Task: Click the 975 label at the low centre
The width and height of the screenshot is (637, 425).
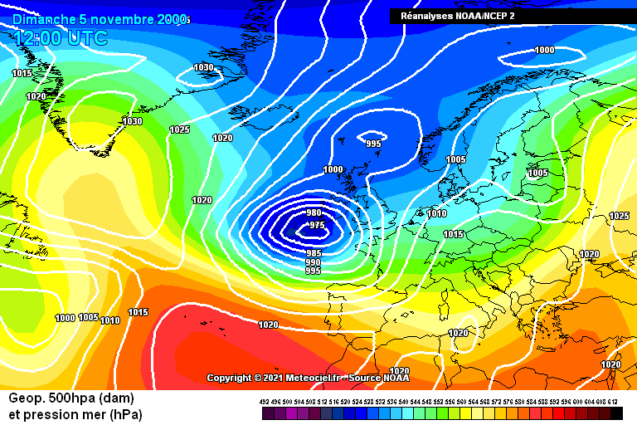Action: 316,225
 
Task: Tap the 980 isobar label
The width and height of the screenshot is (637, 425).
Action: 314,213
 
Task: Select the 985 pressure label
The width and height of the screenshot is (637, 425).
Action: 314,253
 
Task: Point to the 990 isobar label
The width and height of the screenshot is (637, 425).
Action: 314,262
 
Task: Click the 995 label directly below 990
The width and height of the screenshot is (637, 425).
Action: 314,271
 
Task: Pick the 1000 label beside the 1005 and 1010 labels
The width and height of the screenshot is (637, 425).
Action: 65,318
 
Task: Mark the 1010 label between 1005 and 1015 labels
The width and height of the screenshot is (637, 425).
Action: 109,320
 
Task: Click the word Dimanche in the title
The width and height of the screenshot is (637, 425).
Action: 44,18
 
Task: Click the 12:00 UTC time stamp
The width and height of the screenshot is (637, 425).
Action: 61,37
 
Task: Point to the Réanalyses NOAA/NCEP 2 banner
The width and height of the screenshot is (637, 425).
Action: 458,16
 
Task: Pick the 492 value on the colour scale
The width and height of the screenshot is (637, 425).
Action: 265,402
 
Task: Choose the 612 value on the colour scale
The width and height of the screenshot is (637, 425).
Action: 613,402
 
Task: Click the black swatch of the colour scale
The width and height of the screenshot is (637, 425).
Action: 616,413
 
